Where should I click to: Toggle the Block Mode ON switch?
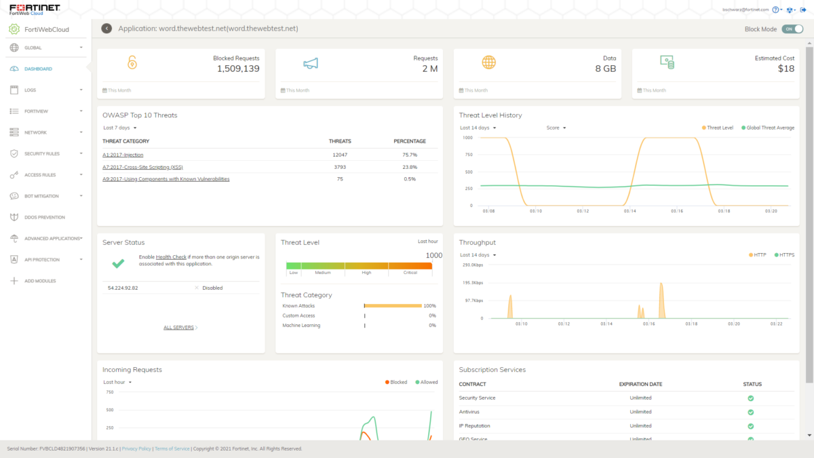[788, 29]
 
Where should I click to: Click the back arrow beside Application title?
[106, 28]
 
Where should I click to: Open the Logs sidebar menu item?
[30, 90]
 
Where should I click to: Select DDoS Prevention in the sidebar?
[45, 217]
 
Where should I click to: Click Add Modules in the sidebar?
[40, 281]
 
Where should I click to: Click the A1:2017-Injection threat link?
[123, 155]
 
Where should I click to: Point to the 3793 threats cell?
[340, 167]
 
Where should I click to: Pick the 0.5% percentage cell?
[410, 179]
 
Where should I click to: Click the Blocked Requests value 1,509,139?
[238, 69]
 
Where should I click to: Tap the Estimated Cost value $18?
[786, 69]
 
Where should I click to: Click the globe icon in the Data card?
[488, 62]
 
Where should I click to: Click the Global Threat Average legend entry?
[768, 128]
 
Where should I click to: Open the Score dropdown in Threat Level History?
[556, 128]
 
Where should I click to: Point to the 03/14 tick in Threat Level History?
[629, 211]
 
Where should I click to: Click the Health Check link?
[170, 257]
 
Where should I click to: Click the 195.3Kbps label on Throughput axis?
[472, 282]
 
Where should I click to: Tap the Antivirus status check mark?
[750, 412]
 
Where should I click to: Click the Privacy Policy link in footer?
[136, 449]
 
